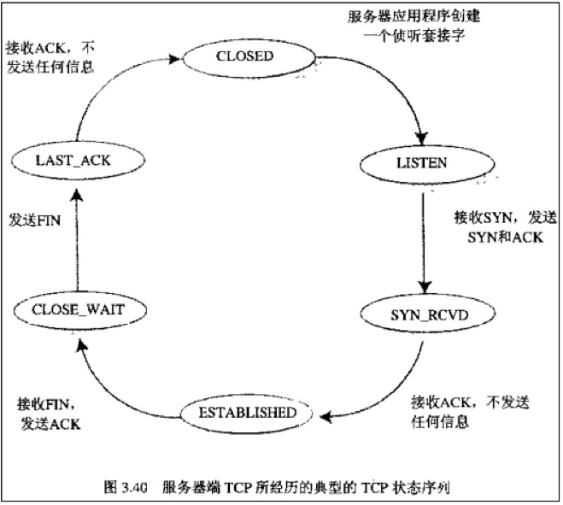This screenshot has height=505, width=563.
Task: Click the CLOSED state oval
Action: (244, 57)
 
